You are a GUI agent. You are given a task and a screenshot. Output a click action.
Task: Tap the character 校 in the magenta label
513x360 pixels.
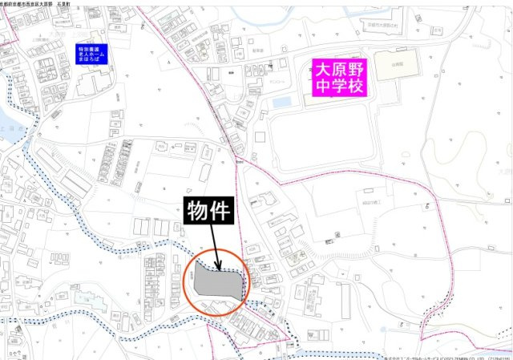click(355, 87)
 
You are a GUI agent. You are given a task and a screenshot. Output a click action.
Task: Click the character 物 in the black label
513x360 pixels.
click(199, 211)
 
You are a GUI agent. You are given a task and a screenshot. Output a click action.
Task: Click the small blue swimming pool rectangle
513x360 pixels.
click(282, 103)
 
